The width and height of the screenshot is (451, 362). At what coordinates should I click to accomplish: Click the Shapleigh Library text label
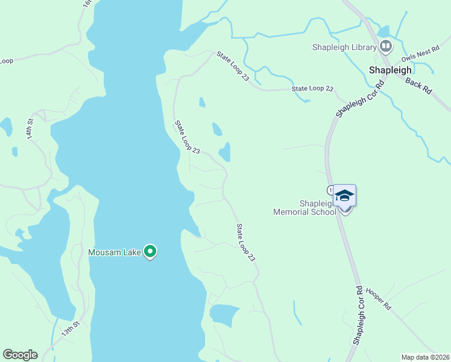tap(344, 48)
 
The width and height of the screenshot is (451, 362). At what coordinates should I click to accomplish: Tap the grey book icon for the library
tap(385, 46)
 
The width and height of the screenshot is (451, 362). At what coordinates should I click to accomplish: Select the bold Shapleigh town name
tap(390, 70)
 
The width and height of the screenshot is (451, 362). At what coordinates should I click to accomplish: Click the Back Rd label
tap(419, 85)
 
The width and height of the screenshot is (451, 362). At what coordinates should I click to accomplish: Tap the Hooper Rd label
tap(379, 299)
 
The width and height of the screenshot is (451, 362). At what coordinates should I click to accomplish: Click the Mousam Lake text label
tap(115, 252)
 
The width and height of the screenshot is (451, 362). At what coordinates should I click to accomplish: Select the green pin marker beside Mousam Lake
tap(151, 252)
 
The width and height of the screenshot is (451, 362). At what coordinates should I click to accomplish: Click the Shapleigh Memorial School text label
tap(305, 208)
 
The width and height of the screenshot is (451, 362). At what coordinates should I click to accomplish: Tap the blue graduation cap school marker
tap(345, 196)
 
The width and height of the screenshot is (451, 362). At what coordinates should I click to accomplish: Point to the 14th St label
tap(32, 132)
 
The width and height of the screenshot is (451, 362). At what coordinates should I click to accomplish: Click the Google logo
tap(20, 355)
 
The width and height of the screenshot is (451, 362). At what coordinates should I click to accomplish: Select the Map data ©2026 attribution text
tap(425, 357)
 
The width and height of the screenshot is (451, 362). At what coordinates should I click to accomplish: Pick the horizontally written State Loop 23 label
tap(312, 89)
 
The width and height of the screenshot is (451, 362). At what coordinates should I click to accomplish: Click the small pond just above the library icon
tap(383, 31)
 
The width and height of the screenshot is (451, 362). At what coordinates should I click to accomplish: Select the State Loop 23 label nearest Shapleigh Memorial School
tap(246, 243)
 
